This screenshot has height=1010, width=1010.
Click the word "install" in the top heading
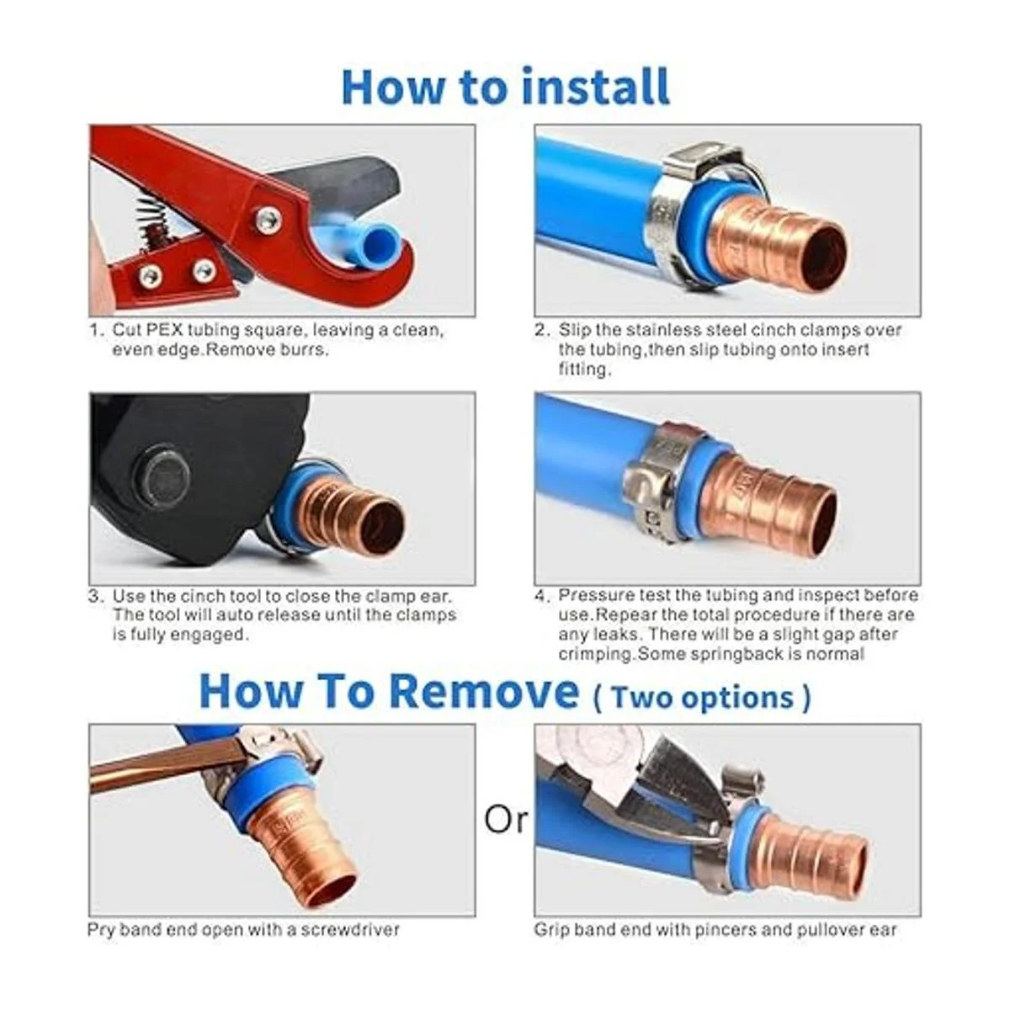596,87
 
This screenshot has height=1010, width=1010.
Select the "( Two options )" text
702,698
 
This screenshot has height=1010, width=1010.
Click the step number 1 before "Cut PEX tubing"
93,330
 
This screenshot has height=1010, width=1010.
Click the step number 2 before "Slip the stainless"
542,330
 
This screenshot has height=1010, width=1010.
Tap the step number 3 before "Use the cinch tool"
93,597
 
